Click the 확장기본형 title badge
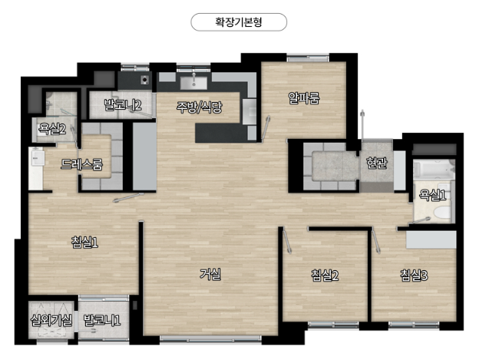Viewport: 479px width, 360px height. click(x=239, y=22)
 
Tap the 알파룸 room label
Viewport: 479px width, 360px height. click(x=304, y=97)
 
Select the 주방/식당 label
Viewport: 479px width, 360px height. click(x=199, y=107)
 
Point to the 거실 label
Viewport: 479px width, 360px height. click(x=210, y=274)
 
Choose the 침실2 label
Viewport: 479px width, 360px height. click(x=325, y=276)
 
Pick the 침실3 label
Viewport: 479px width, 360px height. click(x=414, y=276)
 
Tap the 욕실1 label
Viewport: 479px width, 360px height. click(x=432, y=195)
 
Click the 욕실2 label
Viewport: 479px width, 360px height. click(x=52, y=129)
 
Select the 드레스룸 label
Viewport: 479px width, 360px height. click(x=81, y=164)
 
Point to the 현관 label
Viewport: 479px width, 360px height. click(x=377, y=163)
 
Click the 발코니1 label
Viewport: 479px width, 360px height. click(x=102, y=320)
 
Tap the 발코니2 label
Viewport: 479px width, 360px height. click(x=123, y=105)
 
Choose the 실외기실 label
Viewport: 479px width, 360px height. click(x=51, y=320)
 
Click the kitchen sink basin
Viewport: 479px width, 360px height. click(x=193, y=83)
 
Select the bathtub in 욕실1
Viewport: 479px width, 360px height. click(x=434, y=170)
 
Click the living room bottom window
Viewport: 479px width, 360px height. click(x=210, y=339)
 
